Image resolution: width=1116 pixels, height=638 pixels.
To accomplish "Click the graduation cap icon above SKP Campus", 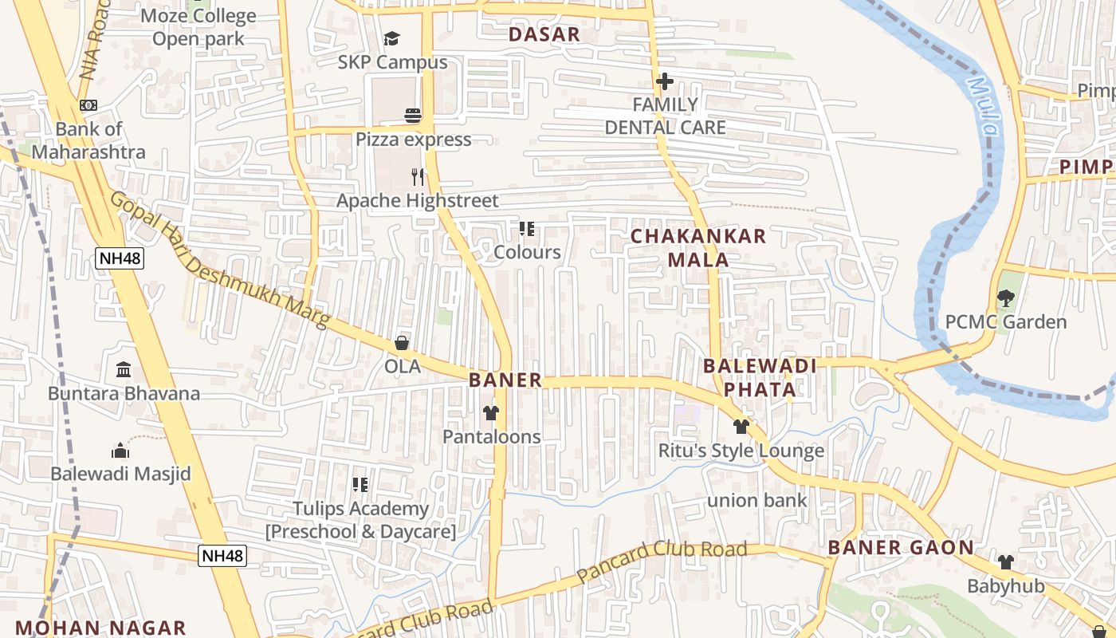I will [x=391, y=38].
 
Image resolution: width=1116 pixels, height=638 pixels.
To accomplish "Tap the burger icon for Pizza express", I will [x=412, y=116].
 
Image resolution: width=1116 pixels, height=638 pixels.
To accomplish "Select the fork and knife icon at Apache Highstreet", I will [x=417, y=176].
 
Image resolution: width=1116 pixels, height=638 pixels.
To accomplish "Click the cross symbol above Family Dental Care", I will [x=664, y=81].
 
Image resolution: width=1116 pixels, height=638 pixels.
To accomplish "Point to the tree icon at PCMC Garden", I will [x=1005, y=298].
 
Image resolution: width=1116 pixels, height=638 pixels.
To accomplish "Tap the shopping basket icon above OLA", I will [x=402, y=343].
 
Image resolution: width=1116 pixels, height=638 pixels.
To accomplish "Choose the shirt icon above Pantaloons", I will [x=491, y=413].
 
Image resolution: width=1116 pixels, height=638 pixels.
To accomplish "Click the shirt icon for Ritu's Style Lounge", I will [x=741, y=427].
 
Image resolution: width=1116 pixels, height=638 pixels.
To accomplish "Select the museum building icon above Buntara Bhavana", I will [x=124, y=370].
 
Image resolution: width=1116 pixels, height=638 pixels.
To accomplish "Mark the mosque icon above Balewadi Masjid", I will [x=120, y=451].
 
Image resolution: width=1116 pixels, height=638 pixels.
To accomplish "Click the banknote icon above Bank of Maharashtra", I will [x=88, y=105].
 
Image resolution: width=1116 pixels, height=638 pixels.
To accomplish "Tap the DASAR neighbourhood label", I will [x=544, y=35].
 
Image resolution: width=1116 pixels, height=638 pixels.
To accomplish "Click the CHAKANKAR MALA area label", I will [x=698, y=248].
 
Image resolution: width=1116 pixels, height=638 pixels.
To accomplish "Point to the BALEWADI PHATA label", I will [x=760, y=377].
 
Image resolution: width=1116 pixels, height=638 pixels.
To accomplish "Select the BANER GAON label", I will [x=900, y=548].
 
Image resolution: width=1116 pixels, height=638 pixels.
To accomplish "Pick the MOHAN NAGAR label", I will [x=100, y=628].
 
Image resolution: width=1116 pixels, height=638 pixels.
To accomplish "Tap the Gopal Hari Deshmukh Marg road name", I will [x=220, y=260].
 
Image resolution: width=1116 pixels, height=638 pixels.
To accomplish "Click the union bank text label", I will [x=757, y=501].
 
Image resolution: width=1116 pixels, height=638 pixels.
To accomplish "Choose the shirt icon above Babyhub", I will [x=1005, y=562].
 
